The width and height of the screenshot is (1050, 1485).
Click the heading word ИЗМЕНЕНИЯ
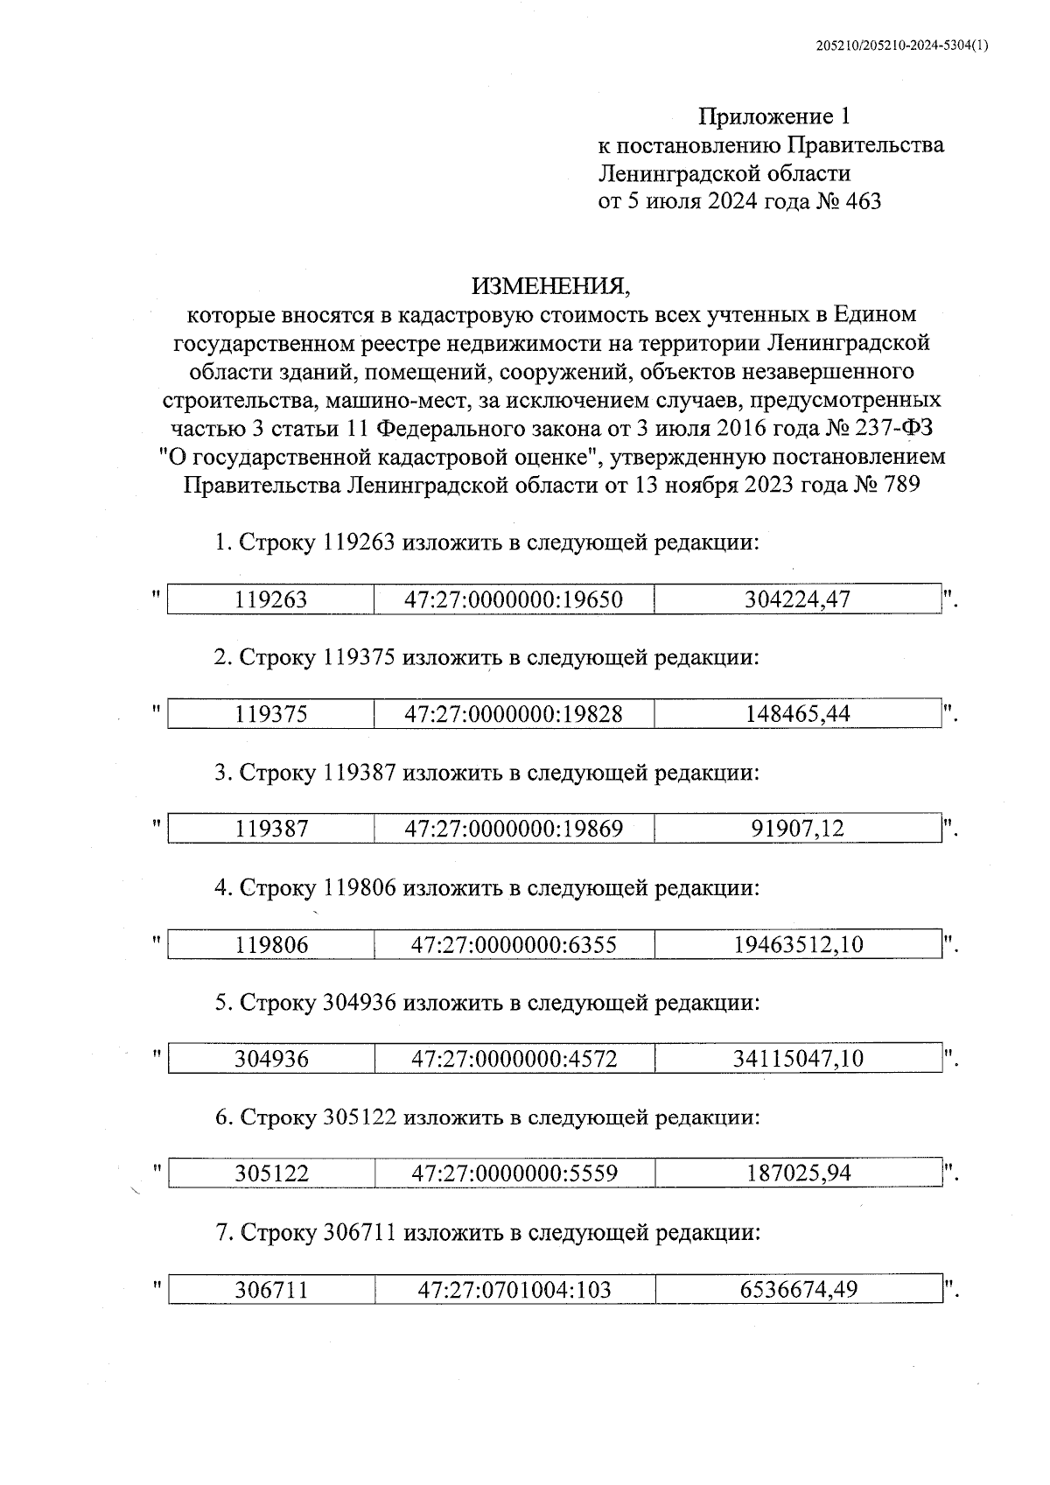point(549,286)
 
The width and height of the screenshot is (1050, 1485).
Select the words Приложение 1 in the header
point(773,116)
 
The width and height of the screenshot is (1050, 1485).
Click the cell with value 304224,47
point(797,599)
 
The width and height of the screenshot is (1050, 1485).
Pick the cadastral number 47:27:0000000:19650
point(514,599)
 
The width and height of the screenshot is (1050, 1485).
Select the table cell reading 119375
point(271,714)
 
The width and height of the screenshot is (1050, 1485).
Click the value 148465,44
point(797,714)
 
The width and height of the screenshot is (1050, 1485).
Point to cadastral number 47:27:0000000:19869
point(514,829)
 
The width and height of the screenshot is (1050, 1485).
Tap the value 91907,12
point(797,829)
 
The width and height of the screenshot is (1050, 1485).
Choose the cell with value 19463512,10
point(797,944)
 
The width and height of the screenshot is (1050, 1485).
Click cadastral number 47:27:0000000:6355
point(514,944)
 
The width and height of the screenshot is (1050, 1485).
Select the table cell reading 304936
point(271,1059)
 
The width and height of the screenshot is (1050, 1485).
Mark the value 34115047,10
point(797,1059)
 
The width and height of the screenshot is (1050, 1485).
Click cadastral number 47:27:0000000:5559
point(514,1173)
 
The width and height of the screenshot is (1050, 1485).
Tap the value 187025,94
point(797,1173)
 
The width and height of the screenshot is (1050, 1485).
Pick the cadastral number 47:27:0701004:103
point(514,1289)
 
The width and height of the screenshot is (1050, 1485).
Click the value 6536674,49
point(797,1289)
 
